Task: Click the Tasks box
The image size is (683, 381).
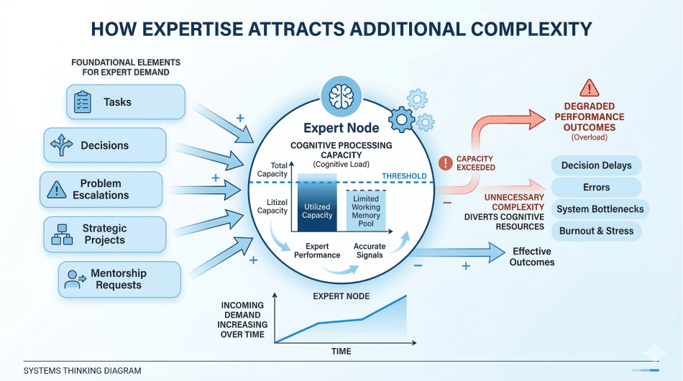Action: tap(126, 102)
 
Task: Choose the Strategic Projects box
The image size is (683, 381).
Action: tap(104, 234)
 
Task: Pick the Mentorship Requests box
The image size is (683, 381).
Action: tap(119, 279)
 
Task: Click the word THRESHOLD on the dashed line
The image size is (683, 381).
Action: tap(404, 176)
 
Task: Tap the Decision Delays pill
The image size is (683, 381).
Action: tap(596, 165)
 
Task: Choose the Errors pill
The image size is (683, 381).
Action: tap(596, 188)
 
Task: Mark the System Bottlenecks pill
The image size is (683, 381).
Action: tap(600, 209)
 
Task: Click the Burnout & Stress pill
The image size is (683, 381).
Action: tap(596, 231)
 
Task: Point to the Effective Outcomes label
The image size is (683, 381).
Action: tap(532, 257)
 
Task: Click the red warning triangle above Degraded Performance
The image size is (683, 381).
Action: tap(589, 88)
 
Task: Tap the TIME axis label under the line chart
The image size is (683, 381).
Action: tap(341, 351)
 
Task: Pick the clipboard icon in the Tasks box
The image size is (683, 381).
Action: tap(82, 103)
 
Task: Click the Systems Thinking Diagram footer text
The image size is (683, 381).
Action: tap(82, 371)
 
